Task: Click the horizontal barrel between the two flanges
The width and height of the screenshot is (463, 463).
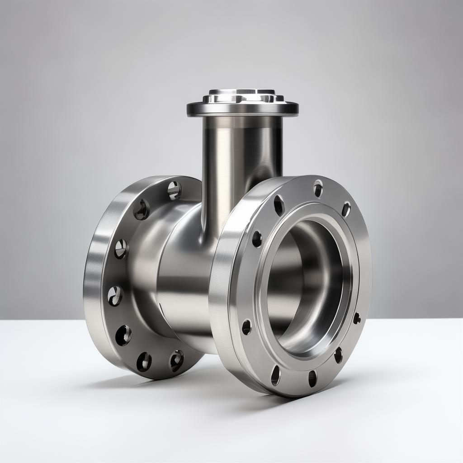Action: [185, 280]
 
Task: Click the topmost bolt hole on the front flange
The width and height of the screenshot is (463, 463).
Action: [318, 188]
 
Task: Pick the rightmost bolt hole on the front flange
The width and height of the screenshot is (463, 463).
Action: [357, 318]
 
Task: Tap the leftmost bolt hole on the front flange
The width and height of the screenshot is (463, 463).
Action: [246, 327]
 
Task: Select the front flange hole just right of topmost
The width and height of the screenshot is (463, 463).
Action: [346, 209]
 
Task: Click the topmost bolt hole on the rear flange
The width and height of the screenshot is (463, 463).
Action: [175, 190]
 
